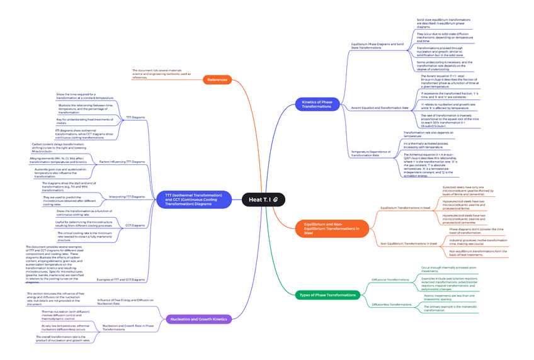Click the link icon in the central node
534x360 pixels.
pyautogui.click(x=276, y=200)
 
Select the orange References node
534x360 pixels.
pyautogui.click(x=218, y=79)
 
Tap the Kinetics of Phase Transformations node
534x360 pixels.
pyautogui.click(x=317, y=104)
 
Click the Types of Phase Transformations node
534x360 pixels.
pyautogui.click(x=327, y=295)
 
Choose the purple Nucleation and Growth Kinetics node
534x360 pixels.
pyautogui.click(x=198, y=319)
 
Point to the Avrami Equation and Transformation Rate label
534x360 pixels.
pyautogui.click(x=379, y=108)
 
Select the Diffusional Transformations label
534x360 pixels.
pyautogui.click(x=390, y=279)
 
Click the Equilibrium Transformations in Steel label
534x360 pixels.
pyautogui.click(x=405, y=207)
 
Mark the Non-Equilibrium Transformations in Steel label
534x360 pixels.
pyautogui.click(x=409, y=244)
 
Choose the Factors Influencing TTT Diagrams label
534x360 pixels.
pyautogui.click(x=122, y=162)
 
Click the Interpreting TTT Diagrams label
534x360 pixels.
pyautogui.click(x=127, y=197)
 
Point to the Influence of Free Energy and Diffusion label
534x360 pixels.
pyautogui.click(x=125, y=302)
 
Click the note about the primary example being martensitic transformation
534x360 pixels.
pyautogui.click(x=451, y=308)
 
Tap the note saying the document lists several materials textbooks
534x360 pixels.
pyautogui.click(x=161, y=74)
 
